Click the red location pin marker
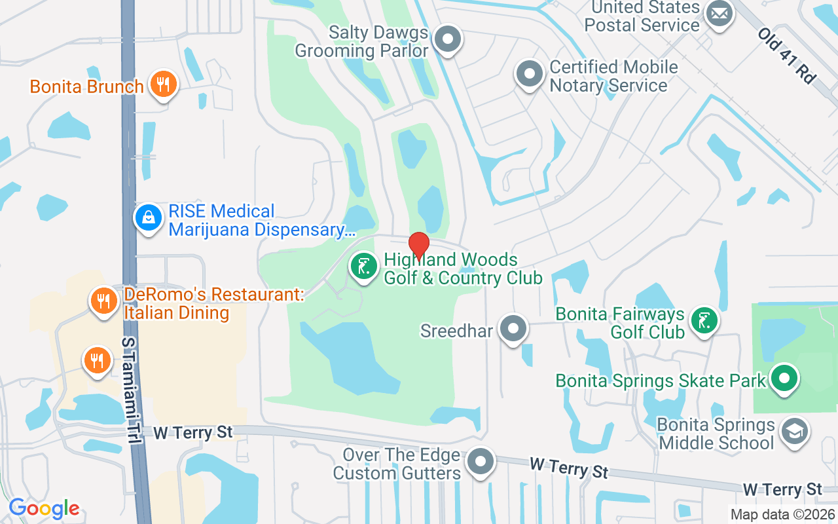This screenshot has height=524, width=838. tap(418, 246)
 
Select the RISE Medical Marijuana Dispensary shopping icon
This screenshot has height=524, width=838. tap(149, 218)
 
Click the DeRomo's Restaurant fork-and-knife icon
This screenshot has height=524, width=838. tap(103, 301)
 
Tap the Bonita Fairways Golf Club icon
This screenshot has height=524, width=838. tap(704, 321)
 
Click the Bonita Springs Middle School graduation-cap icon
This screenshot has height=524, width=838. tap(795, 432)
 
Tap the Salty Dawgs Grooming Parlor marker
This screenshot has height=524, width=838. tap(448, 39)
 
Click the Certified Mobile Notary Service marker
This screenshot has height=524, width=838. tap(529, 74)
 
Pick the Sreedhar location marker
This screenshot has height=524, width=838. tap(513, 329)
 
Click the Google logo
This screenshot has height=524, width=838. tap(44, 508)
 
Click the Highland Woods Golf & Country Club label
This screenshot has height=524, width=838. tap(462, 269)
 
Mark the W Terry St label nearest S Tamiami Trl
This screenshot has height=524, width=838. tap(193, 432)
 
